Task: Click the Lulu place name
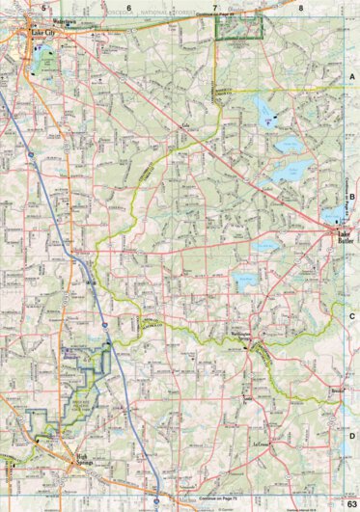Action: pos(184,124)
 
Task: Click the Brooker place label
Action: pos(336,391)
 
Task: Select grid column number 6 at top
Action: pos(127,7)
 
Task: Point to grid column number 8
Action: pos(300,7)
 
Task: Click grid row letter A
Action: pos(352,75)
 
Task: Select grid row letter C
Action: pos(352,315)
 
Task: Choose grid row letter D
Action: pos(352,436)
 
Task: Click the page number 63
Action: pos(351,504)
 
